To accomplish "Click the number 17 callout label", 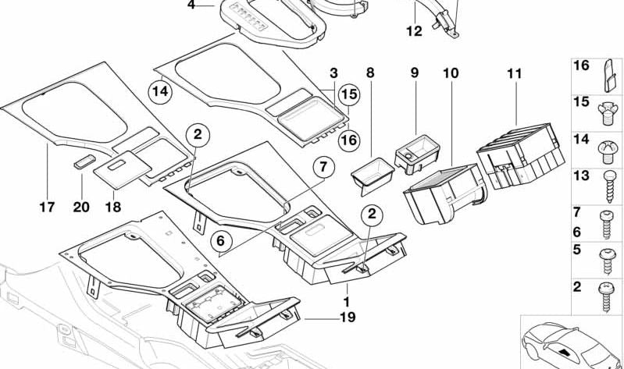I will click(47, 208).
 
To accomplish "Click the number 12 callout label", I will click(413, 32).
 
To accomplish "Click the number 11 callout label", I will click(513, 74).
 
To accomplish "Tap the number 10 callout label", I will click(451, 73).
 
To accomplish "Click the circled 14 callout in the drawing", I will click(160, 92).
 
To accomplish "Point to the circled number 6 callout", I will click(221, 241).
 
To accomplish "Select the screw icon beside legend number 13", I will click(606, 179).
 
